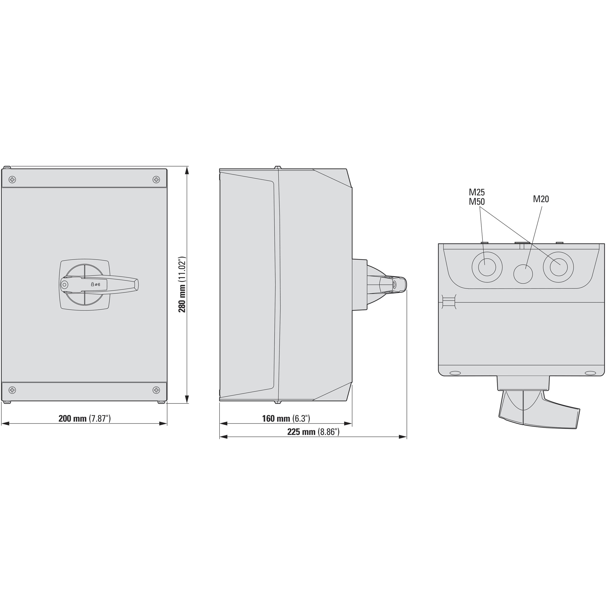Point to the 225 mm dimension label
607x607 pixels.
coord(313,432)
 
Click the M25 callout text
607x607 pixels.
coord(477,192)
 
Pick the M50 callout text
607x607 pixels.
coord(477,202)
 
